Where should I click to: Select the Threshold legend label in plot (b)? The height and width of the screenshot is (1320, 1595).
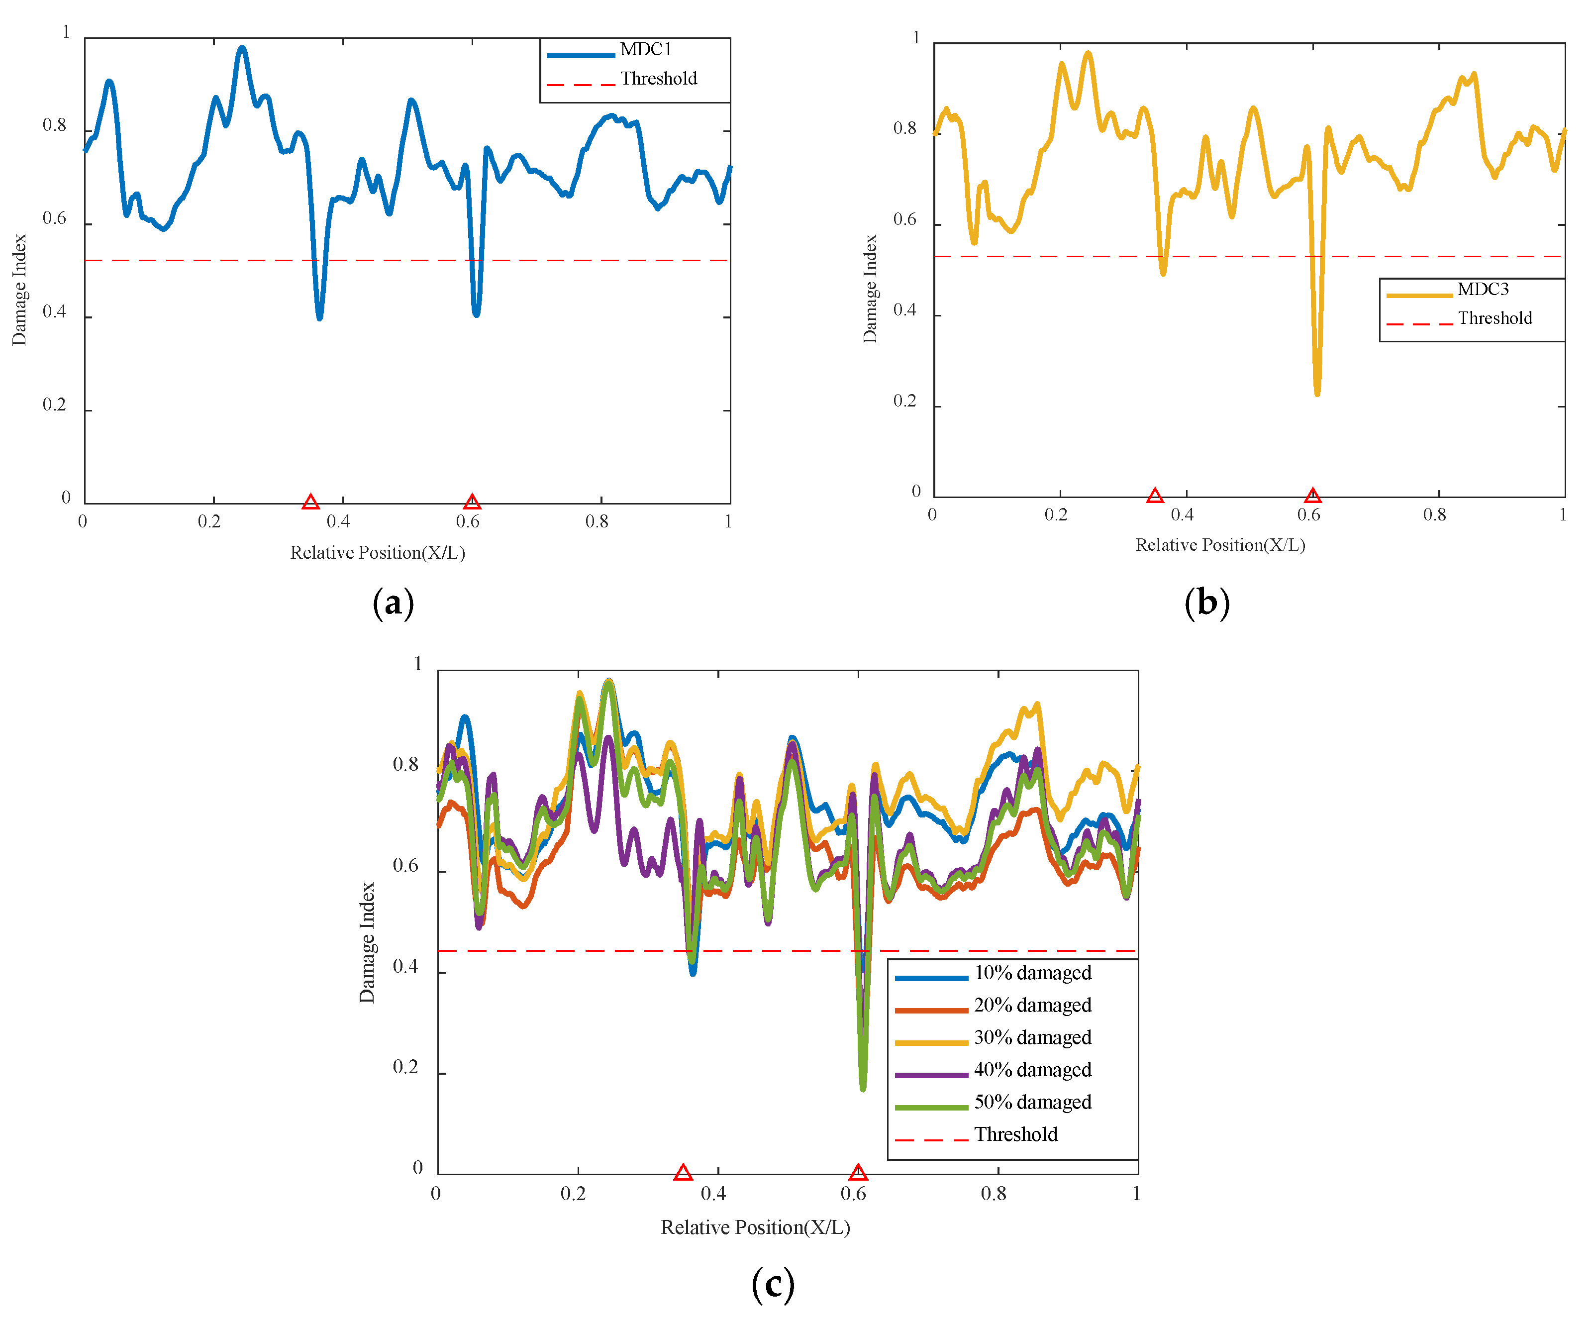pos(1494,318)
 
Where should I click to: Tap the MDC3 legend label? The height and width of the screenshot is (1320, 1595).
pos(1482,290)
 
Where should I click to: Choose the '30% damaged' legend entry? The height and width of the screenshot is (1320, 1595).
pos(1032,1037)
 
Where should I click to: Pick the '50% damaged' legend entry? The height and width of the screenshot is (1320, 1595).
pos(1032,1102)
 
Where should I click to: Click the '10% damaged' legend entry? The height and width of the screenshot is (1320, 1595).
pos(1032,973)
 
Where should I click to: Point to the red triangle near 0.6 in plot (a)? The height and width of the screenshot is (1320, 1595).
pos(472,502)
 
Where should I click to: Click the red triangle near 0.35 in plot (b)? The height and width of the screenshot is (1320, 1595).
pos(1155,496)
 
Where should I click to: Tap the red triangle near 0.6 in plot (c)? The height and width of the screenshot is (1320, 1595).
pos(858,1173)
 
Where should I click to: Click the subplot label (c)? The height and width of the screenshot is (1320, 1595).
pos(773,1284)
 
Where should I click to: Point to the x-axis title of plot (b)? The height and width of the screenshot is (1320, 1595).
pos(1220,544)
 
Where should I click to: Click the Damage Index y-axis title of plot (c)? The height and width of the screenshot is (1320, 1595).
pos(367,942)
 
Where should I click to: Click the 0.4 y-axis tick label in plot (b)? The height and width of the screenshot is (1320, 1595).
pos(904,310)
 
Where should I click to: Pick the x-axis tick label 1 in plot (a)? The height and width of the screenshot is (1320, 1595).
pos(728,521)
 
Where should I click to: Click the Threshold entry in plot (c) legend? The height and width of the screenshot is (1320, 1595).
pos(1015,1135)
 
